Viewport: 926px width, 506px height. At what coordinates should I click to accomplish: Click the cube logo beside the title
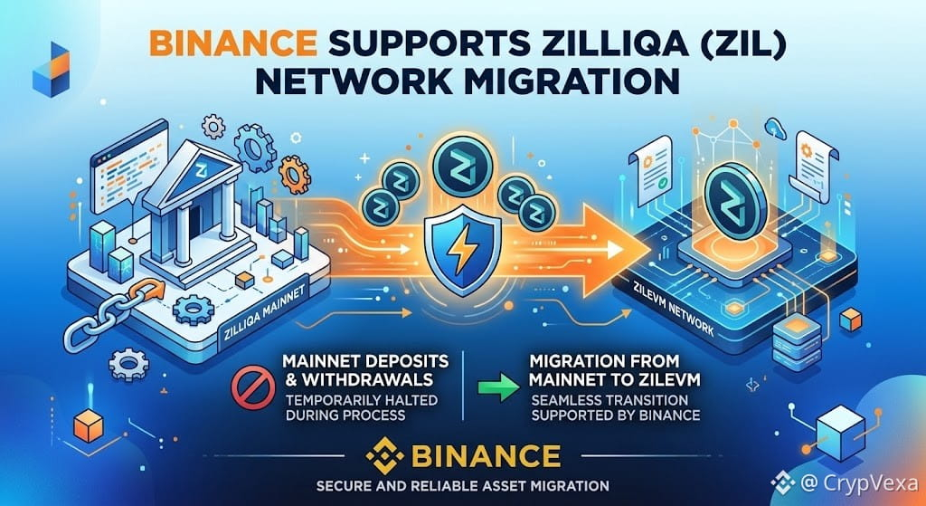[52, 69]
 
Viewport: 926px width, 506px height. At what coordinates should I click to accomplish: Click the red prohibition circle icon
[253, 387]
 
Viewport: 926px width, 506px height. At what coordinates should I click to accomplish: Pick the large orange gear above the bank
[294, 175]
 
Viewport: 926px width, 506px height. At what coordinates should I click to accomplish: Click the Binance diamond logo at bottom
[384, 455]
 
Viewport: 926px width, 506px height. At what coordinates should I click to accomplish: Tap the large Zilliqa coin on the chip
[735, 200]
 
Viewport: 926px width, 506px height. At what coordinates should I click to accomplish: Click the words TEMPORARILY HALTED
[362, 399]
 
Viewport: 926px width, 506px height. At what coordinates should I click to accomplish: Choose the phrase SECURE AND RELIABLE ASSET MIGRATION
[462, 486]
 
